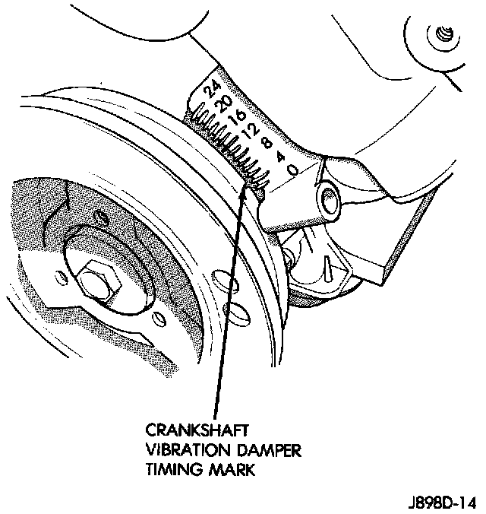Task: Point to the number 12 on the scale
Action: point(247,132)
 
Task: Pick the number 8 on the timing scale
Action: point(265,142)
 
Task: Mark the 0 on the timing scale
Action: point(292,171)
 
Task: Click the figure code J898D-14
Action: point(441,503)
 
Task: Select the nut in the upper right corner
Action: point(444,34)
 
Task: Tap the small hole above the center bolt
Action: point(99,219)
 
